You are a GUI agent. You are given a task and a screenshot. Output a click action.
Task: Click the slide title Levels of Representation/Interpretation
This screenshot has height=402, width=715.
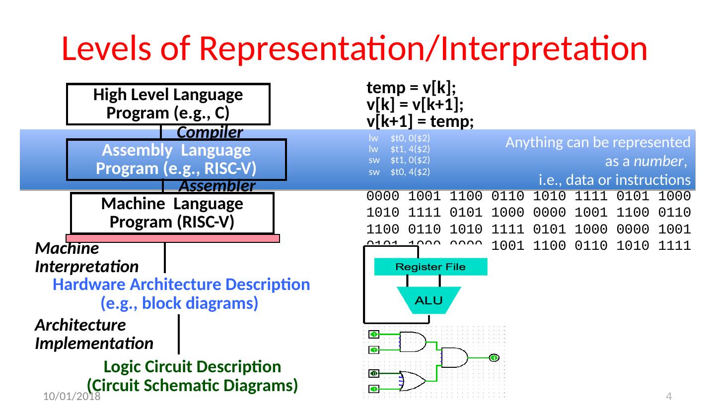tap(354, 50)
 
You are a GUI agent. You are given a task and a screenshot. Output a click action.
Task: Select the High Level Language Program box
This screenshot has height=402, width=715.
tap(168, 104)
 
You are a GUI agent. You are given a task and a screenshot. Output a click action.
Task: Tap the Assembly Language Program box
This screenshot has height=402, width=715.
tap(176, 159)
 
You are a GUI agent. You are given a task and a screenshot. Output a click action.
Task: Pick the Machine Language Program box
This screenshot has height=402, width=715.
tap(172, 213)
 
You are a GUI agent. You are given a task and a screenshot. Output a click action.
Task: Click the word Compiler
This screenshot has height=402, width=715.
tap(210, 132)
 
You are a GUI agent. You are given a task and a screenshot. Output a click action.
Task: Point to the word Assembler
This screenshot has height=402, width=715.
tap(216, 186)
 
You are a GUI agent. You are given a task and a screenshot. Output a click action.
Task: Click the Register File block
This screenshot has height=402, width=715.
tap(430, 267)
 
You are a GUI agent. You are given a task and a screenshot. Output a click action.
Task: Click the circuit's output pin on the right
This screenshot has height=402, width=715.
tap(494, 357)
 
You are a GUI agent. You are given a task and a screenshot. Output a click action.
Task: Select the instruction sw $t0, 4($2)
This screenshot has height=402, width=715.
tap(399, 172)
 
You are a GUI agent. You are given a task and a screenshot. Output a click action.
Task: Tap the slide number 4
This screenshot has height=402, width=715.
tap(668, 396)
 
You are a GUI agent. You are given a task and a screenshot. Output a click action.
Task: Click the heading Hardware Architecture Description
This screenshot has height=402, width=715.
tap(181, 285)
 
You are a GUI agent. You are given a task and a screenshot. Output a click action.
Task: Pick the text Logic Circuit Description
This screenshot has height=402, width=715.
tap(193, 367)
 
